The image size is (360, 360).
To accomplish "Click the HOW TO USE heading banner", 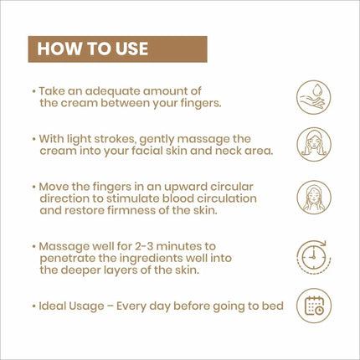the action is pos(117,49).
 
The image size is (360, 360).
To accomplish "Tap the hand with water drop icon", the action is pos(314,97).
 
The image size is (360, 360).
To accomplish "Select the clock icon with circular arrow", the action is pos(314,256).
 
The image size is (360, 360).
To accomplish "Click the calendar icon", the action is pos(314,306).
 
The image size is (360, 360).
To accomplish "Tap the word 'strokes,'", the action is pos(115,139).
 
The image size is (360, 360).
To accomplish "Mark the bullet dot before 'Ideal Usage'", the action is pos(33,306).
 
